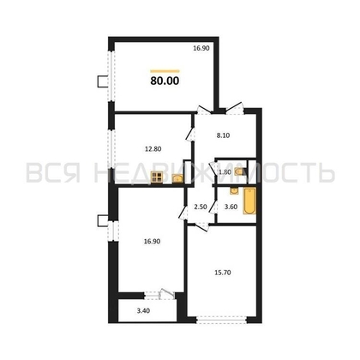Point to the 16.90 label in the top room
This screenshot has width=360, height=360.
(201, 49)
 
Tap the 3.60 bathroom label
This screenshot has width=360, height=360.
(230, 207)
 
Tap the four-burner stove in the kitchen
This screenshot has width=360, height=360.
(158, 178)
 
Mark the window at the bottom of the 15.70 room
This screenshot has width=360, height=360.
(224, 323)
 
